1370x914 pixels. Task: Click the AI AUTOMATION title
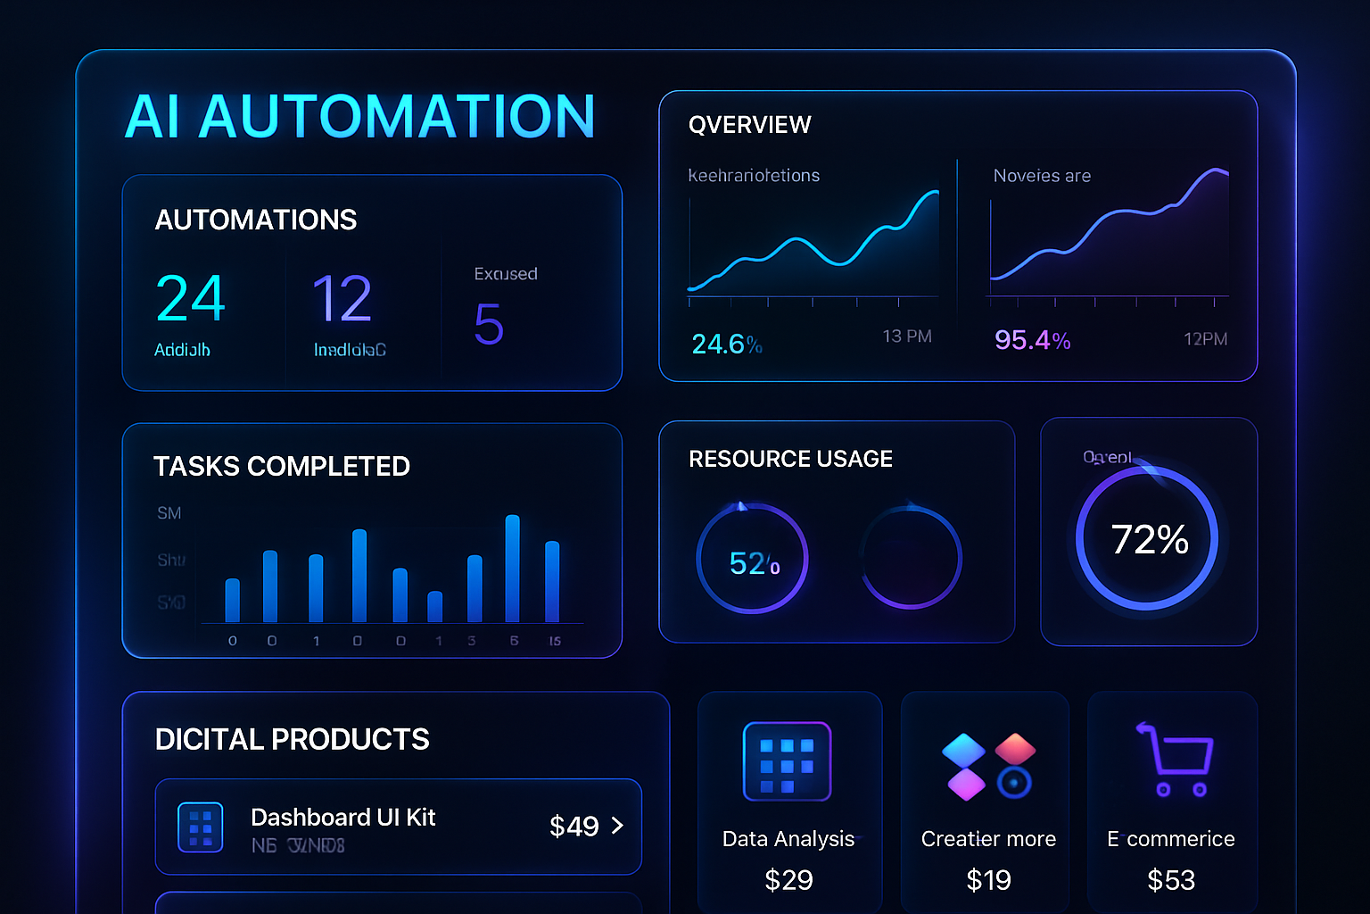[359, 117]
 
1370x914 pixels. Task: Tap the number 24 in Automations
[190, 298]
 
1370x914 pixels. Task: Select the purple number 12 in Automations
[342, 298]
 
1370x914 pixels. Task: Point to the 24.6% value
[726, 345]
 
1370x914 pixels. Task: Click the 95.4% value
[1032, 340]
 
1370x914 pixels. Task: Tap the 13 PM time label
[906, 337]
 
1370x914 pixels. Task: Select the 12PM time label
[1205, 339]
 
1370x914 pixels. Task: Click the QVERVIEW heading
[749, 125]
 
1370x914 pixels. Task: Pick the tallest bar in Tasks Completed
[512, 569]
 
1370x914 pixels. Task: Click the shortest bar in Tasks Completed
[435, 607]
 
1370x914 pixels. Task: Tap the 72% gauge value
[1149, 539]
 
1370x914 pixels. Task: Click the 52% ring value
[754, 563]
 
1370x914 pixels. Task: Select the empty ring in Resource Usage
[911, 558]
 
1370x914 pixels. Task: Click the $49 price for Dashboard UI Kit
[574, 827]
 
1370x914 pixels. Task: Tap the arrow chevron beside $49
[617, 826]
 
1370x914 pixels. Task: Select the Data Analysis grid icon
[787, 761]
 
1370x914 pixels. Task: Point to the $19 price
[988, 880]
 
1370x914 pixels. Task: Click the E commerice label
[1170, 839]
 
